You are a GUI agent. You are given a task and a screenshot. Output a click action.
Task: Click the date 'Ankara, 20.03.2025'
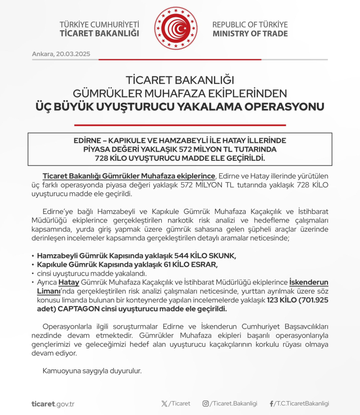(x=61, y=53)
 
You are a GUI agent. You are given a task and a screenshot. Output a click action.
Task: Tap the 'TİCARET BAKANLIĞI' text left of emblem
(x=99, y=34)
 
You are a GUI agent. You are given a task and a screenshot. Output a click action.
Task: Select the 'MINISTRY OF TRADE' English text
(x=250, y=34)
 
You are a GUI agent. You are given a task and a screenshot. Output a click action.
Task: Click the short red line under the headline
(x=180, y=125)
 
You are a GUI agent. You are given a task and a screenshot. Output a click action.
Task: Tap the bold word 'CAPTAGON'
(x=75, y=308)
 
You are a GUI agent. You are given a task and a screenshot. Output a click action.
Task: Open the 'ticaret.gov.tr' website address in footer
(x=53, y=404)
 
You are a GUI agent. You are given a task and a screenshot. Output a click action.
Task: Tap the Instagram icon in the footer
(x=205, y=404)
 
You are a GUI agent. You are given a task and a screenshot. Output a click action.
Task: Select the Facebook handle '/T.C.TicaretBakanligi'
(x=302, y=404)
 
